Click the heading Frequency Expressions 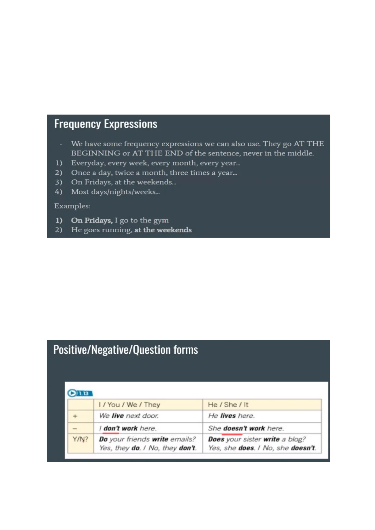(x=106, y=124)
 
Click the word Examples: (x=72, y=206)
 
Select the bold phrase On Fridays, (x=92, y=220)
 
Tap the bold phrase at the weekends (x=163, y=230)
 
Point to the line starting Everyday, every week (x=155, y=163)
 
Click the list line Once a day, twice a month (x=154, y=173)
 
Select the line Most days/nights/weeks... (x=115, y=192)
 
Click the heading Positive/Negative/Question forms (x=126, y=350)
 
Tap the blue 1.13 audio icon (x=80, y=393)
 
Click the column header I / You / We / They (x=129, y=405)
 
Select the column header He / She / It (x=228, y=405)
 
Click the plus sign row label (x=75, y=416)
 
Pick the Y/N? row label (x=80, y=439)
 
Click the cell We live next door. (x=129, y=416)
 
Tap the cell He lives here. (x=231, y=416)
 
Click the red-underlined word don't (x=111, y=429)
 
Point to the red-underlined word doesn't (x=235, y=429)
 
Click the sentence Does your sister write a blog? (x=257, y=439)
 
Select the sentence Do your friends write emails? (x=147, y=439)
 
